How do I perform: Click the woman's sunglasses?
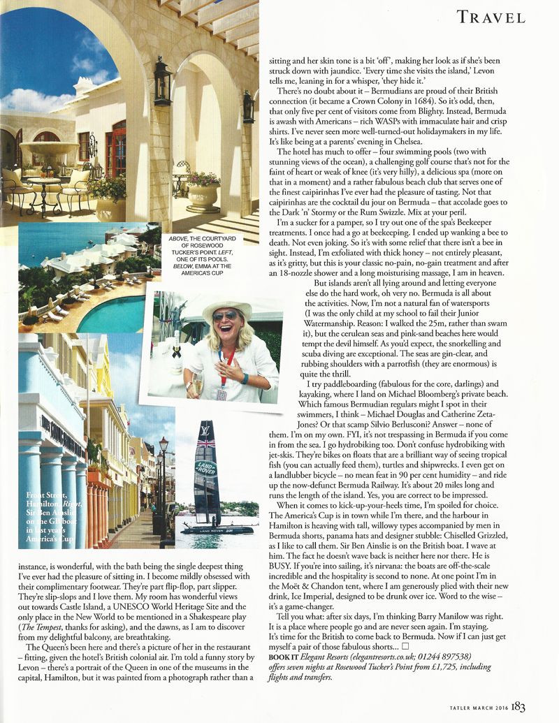[226, 316]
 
